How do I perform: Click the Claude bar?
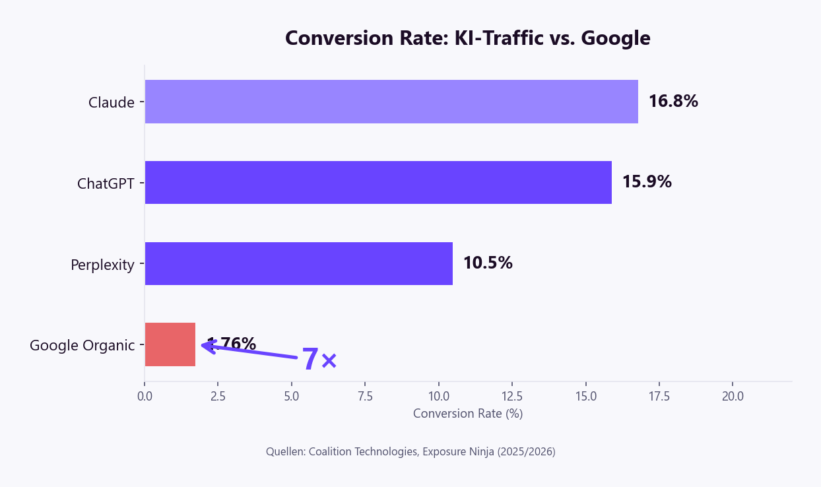pos(391,102)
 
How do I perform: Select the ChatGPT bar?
pos(378,182)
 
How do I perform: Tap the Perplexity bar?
pos(298,263)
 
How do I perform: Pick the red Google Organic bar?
pos(170,344)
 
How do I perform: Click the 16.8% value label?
pos(673,102)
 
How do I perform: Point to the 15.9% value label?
pos(646,182)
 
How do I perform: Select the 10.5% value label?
pos(487,263)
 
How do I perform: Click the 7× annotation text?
pos(319,360)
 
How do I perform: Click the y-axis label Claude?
pos(111,102)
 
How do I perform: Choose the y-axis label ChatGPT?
pos(106,183)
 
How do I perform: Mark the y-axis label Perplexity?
pos(102,265)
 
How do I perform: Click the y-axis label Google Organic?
pos(82,345)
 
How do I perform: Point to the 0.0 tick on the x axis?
pos(145,396)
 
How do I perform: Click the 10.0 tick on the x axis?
pos(438,396)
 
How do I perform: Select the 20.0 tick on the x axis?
pos(733,396)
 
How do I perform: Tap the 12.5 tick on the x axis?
pos(512,396)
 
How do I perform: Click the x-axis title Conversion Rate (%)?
pos(467,414)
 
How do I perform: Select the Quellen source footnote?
pos(410,452)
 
